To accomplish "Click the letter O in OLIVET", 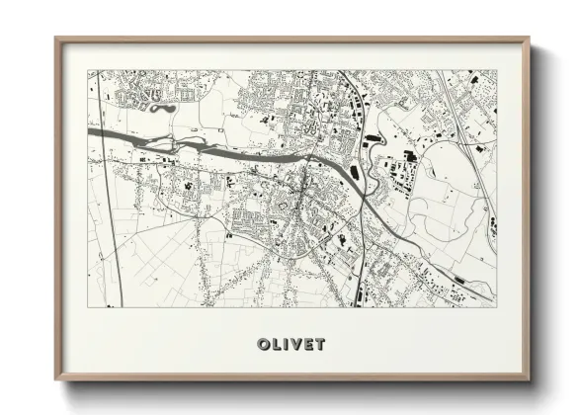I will [263, 344].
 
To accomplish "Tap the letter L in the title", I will [276, 344].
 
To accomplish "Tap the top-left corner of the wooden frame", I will [56, 40].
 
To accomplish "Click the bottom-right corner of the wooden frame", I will [529, 379].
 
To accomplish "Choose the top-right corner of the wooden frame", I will [529, 40].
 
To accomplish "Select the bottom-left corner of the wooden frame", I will [56, 379].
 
